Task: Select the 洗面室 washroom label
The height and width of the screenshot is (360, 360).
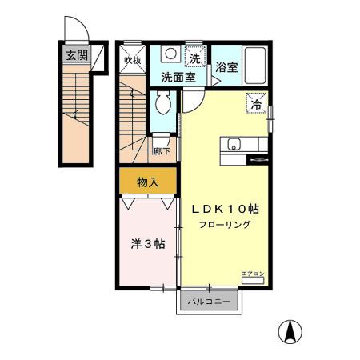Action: (x=178, y=78)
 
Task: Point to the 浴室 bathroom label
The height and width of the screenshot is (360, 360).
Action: (x=226, y=67)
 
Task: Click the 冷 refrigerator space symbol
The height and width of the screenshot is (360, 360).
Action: (x=257, y=104)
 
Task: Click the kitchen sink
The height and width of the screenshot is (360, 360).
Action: (x=234, y=145)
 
